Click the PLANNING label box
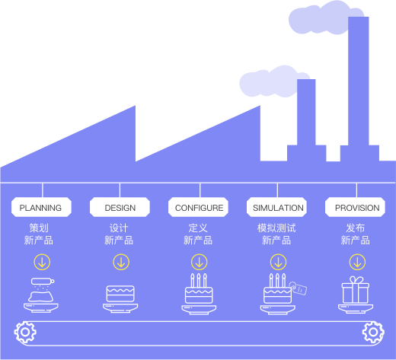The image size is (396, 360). coord(41,207)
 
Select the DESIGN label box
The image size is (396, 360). coord(120,207)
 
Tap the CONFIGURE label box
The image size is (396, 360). coord(198,207)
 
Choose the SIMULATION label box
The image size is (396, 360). coord(276,207)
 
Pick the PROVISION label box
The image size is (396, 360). coord(355,207)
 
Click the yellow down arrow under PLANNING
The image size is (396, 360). coord(42,262)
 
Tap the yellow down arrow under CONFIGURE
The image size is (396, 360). coord(200,262)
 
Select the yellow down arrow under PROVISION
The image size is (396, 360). coord(357,262)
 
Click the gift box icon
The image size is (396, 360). coord(356,291)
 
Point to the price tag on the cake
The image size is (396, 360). coord(299,288)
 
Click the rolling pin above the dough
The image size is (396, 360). coord(43,281)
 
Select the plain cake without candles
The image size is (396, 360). coord(120,294)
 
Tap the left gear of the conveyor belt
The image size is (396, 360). coord(25,332)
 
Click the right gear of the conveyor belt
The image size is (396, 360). coord(373,332)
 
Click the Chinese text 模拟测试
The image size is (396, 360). coord(276,228)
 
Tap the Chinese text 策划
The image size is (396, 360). coord(39,228)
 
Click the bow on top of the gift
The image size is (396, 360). coord(356,280)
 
